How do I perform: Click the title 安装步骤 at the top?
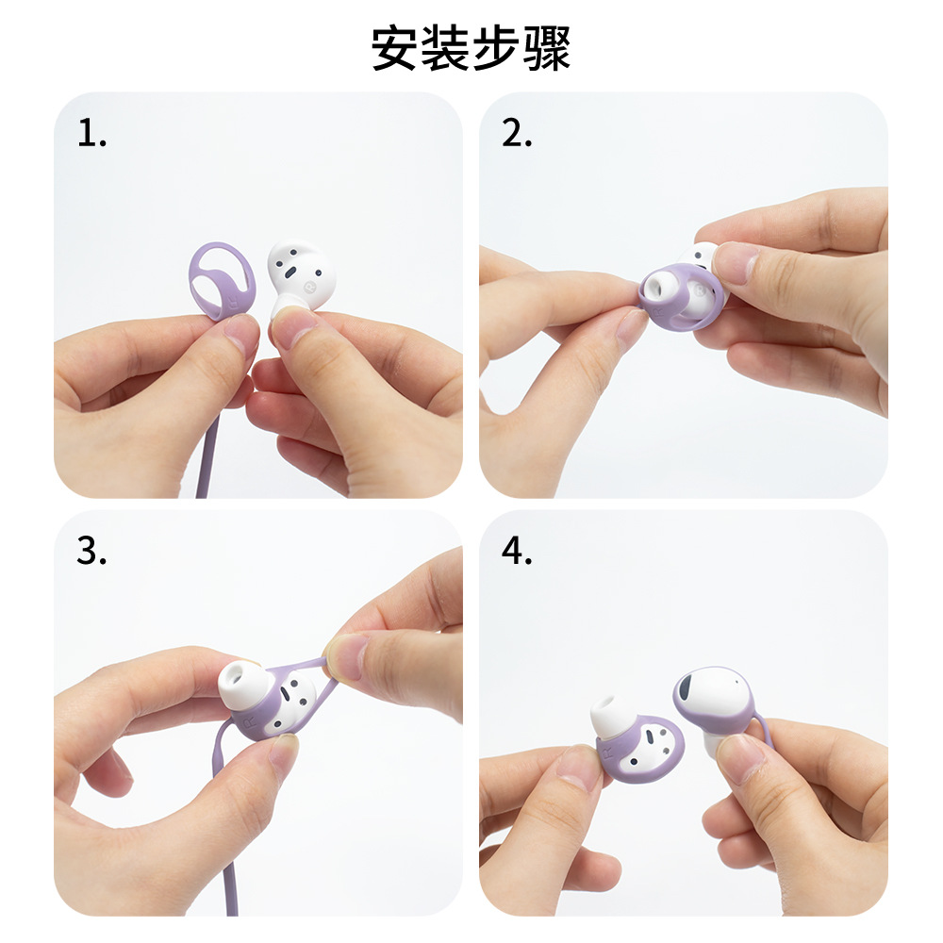pos(471,48)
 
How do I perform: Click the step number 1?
pos(92,133)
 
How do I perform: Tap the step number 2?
pos(517,133)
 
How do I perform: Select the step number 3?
pos(91,551)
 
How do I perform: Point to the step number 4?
pos(517,551)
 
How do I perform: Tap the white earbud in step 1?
pos(300,276)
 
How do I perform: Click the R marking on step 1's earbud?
pos(310,287)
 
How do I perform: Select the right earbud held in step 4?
pos(716,710)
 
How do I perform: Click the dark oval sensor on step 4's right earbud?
pos(687,686)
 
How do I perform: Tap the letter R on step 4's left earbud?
pos(607,753)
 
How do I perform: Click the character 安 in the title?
pos(394,48)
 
